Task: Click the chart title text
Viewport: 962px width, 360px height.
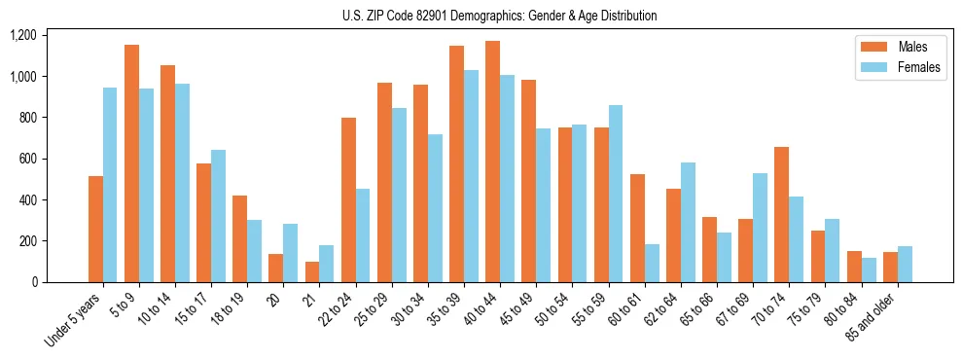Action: (x=500, y=16)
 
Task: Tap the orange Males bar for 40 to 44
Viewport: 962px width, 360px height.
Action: (x=492, y=162)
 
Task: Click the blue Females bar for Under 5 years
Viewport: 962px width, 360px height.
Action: (x=110, y=185)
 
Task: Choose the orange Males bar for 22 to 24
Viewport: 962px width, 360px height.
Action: (x=348, y=199)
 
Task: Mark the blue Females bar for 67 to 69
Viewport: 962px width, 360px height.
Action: (x=760, y=228)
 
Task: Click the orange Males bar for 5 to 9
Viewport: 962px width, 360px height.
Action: (x=131, y=163)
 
